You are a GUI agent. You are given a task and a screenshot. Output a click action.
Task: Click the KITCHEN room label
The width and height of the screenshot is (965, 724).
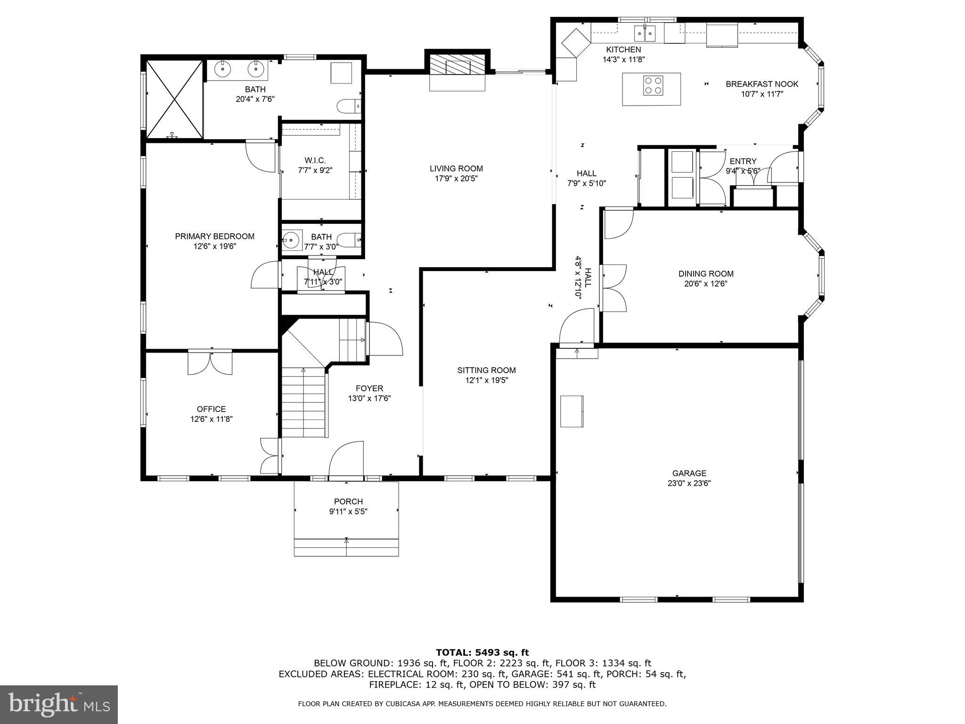coord(623,49)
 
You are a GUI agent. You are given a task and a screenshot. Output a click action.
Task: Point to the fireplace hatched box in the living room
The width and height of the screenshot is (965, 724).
coord(457,65)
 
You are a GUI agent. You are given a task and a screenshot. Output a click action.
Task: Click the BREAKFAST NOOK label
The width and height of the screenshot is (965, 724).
coord(761,84)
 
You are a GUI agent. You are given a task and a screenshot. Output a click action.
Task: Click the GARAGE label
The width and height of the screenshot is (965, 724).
coord(689,473)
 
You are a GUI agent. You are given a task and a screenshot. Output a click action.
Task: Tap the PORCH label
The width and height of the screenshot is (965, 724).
coord(348,502)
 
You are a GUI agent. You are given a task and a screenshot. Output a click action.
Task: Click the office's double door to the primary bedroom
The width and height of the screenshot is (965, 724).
coord(210,362)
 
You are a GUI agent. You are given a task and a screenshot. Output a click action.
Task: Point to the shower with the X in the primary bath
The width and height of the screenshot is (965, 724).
coord(174,99)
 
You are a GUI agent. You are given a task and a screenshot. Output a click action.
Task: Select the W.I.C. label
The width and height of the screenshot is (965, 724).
coord(315,160)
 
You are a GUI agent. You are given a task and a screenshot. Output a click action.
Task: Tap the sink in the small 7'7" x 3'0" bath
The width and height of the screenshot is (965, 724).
coord(291,240)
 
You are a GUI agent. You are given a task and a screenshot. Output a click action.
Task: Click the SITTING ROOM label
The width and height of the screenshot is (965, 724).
coord(486,370)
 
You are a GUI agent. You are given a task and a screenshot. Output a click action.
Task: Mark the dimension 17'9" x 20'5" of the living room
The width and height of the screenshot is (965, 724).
coord(456,179)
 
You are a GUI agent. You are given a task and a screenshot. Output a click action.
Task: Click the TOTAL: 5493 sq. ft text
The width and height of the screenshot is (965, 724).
coord(482,652)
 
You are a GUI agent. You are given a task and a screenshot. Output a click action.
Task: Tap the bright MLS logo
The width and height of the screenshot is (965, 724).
coord(59,704)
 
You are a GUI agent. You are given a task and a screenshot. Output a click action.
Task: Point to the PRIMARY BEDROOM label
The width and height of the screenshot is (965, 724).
coord(214,236)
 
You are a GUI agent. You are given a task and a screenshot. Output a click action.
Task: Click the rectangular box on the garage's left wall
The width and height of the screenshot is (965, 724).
coord(572,411)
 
